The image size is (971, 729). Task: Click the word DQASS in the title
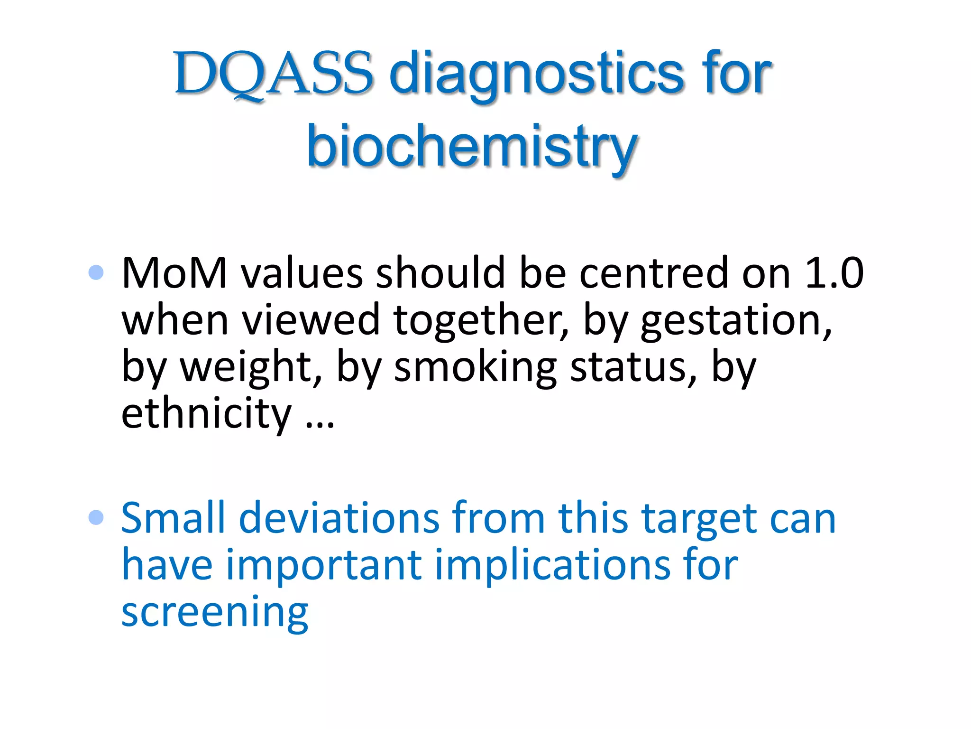(274, 74)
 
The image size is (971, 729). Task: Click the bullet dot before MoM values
(96, 272)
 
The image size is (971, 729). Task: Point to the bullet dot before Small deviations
(96, 517)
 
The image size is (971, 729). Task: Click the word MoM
(174, 273)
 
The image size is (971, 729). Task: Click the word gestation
(735, 321)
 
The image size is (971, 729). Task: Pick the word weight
(251, 368)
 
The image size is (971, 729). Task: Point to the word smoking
(476, 368)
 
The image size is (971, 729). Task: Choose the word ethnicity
(206, 414)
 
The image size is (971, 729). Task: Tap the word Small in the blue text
(173, 518)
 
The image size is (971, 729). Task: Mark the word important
(324, 565)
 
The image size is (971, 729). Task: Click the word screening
(215, 613)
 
